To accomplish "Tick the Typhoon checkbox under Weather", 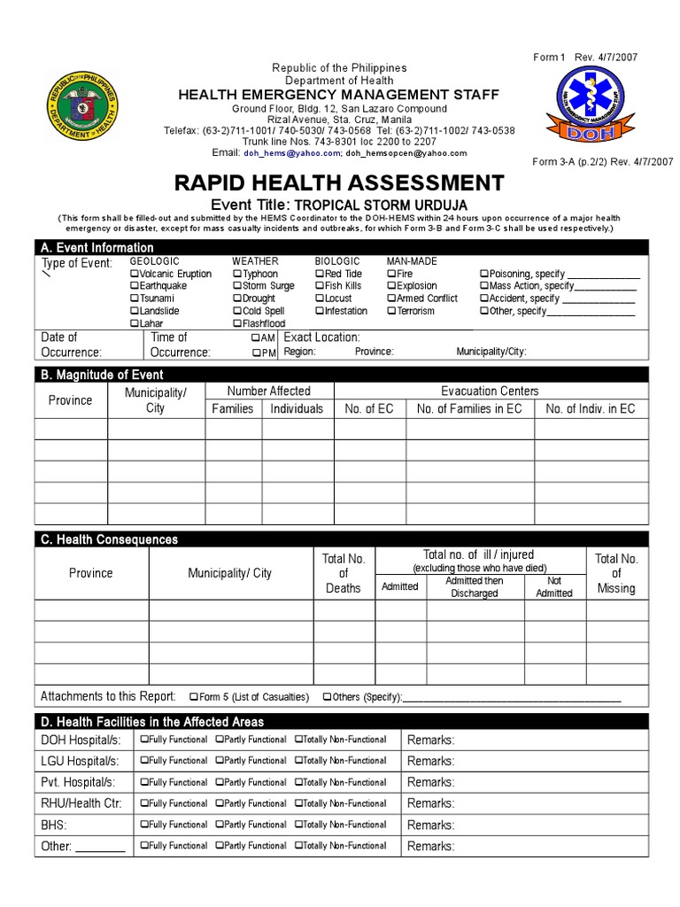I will [237, 275].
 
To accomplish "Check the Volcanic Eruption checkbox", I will [135, 275].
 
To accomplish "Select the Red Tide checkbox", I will [320, 275].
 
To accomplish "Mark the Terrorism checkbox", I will [391, 312].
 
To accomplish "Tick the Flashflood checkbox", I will [237, 324].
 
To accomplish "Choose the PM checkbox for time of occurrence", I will [256, 353].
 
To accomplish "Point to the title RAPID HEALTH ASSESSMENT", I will [339, 183].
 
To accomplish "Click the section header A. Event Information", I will [97, 248].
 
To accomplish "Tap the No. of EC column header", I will [368, 408].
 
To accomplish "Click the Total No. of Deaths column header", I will [344, 573].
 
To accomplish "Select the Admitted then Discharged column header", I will [474, 587].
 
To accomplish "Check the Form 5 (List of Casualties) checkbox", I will [193, 697].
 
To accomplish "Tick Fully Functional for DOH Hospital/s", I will [143, 740].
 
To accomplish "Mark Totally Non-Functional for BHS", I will [299, 825].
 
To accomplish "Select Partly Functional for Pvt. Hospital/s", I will [220, 782].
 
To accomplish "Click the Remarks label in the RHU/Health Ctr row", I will [430, 803].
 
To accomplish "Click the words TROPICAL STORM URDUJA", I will [375, 205].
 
